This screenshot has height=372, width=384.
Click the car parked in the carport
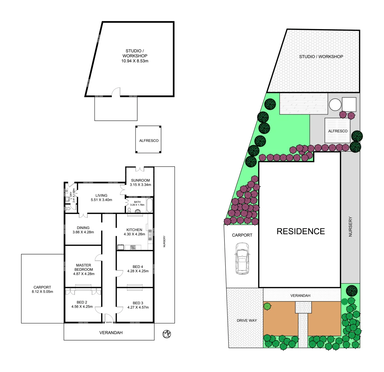242,258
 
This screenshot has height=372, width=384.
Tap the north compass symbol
167,334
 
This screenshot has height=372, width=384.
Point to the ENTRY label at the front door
109,322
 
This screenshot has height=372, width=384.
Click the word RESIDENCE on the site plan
301,231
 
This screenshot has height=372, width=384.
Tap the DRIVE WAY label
245,320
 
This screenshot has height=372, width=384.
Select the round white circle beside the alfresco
334,104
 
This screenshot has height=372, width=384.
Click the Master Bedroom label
83,267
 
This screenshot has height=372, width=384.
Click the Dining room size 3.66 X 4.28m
83,232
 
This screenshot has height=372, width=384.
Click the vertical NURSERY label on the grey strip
350,226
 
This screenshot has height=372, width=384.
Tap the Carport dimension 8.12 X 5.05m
42,292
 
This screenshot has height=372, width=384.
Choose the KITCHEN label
134,230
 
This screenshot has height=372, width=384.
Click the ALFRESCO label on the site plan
337,131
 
